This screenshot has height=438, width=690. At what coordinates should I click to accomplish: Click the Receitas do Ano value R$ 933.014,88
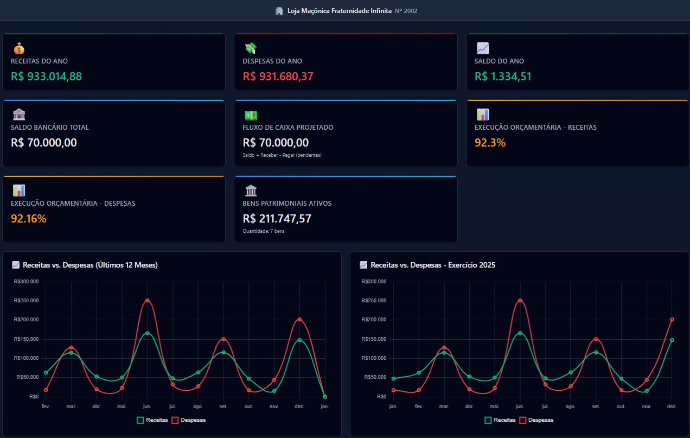click(46, 77)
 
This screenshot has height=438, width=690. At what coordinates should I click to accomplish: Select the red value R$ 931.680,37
click(278, 77)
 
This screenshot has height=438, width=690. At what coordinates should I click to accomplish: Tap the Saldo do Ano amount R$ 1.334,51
click(503, 77)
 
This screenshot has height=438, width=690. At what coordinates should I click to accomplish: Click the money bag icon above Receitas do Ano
click(19, 48)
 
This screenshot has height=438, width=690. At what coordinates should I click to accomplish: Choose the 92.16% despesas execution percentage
click(29, 219)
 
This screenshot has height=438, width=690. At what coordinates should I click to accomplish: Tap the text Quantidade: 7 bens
click(264, 231)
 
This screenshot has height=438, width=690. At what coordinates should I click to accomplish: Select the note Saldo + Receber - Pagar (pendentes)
click(282, 155)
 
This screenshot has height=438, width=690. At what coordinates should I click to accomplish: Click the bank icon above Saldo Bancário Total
click(19, 115)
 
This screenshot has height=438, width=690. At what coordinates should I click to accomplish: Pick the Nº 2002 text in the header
click(406, 11)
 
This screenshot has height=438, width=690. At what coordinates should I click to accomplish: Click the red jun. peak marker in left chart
click(147, 301)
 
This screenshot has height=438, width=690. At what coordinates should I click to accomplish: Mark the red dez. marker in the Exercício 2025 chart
click(672, 320)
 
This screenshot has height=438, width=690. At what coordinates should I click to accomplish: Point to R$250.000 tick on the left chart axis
click(27, 301)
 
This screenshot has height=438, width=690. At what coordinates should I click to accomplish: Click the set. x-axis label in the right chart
click(596, 407)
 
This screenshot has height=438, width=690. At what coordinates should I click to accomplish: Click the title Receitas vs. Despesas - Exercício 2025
click(432, 265)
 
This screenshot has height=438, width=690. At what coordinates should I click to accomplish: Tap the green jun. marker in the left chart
click(147, 333)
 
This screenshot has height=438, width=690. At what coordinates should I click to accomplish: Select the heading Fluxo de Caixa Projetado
click(288, 128)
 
